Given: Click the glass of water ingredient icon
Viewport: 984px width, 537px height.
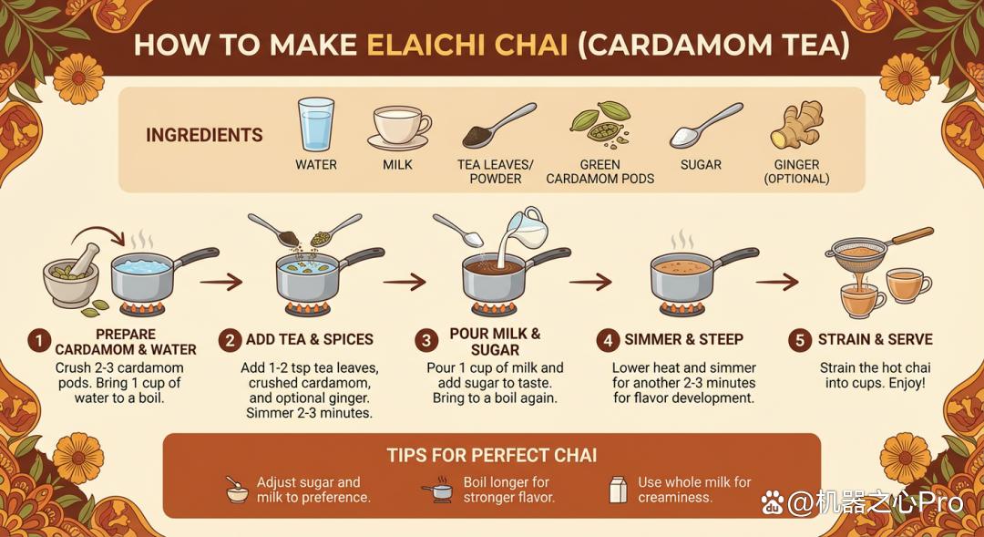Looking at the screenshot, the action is (x=315, y=124).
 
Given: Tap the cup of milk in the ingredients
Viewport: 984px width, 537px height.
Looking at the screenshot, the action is (x=398, y=128).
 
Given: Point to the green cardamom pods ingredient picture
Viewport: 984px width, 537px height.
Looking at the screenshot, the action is (x=600, y=124).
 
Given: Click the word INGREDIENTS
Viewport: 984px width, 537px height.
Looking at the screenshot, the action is (x=205, y=135).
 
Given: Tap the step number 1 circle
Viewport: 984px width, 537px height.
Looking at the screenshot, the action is (x=39, y=342).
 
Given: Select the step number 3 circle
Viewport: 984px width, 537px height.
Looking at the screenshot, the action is (x=426, y=341).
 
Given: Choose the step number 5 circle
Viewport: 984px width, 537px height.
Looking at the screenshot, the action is (x=800, y=340).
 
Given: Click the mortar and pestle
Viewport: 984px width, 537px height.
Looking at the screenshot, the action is (x=71, y=277).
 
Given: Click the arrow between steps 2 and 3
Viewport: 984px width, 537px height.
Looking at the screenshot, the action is (x=405, y=282).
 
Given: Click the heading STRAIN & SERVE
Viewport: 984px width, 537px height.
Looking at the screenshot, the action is (x=875, y=340).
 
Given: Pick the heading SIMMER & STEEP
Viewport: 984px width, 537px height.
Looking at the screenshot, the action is (x=683, y=340).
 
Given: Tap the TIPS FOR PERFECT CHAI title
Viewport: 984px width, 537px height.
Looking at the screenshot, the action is (x=492, y=455).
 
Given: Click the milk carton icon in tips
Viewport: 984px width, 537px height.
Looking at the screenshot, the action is (x=618, y=490).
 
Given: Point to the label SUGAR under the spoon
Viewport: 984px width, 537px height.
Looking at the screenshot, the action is (x=701, y=165).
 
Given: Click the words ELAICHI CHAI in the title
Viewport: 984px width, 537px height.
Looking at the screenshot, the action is (x=466, y=46).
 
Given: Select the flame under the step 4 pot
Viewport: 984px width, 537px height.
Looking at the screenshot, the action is (x=682, y=308).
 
